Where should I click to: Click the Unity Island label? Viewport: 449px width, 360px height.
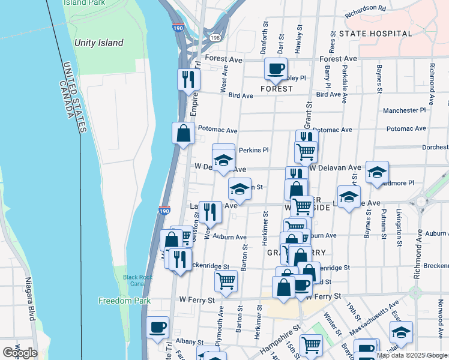[x=99, y=43]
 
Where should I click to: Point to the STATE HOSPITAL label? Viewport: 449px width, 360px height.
[x=375, y=34]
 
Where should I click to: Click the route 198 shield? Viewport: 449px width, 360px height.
[x=214, y=37]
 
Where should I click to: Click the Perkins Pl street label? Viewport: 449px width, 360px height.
[x=253, y=150]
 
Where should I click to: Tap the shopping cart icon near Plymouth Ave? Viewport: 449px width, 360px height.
[x=226, y=280]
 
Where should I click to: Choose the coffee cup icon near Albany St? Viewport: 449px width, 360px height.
[x=158, y=327]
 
